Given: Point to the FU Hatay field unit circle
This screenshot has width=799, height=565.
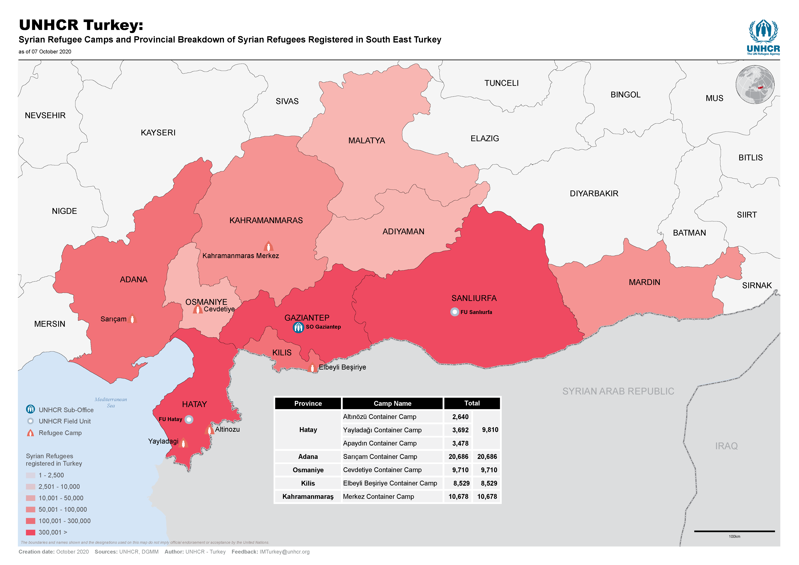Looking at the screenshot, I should coord(189,419).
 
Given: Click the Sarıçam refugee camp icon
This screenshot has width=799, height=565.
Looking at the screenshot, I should coord(132,318).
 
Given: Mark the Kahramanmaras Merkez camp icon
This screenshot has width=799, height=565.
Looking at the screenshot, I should coord(268,246).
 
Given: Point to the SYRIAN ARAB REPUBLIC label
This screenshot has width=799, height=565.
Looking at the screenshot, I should coord(618,391).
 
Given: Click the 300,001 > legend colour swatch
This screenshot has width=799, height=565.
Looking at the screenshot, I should coord(31,532).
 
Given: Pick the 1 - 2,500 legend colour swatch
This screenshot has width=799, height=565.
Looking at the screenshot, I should coord(31,475).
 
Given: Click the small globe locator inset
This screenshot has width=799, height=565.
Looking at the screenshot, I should coord(755,85).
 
